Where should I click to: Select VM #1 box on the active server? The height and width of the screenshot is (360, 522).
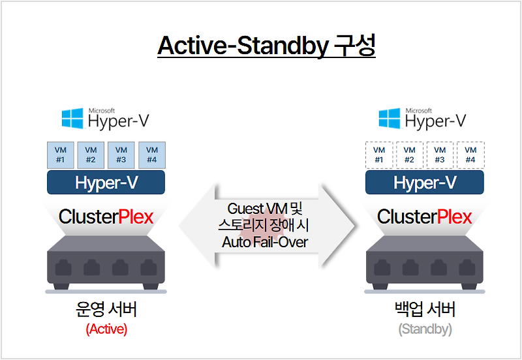click(61, 155)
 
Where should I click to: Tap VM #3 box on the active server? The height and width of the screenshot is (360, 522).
click(121, 155)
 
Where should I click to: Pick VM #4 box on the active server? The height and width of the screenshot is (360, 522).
click(151, 155)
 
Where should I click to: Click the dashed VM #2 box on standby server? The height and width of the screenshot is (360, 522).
click(410, 155)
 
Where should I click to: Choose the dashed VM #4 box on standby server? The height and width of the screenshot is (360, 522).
click(470, 155)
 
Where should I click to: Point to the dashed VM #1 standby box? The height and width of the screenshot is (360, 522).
click(380, 155)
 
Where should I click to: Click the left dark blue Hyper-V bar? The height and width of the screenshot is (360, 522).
click(106, 183)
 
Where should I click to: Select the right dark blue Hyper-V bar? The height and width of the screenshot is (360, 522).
click(424, 183)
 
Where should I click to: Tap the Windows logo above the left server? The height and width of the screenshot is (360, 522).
click(72, 119)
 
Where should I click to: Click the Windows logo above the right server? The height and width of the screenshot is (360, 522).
click(390, 119)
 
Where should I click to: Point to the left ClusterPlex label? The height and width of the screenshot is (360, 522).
click(106, 217)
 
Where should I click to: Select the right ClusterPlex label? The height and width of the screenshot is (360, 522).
click(424, 217)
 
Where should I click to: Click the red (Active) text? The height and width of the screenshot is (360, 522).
click(106, 329)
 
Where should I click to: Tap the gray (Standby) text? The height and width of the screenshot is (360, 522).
click(425, 329)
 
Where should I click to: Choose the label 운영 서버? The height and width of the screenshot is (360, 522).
click(106, 310)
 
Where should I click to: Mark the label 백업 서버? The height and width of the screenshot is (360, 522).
click(425, 310)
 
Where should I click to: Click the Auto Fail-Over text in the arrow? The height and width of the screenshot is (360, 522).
click(265, 243)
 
